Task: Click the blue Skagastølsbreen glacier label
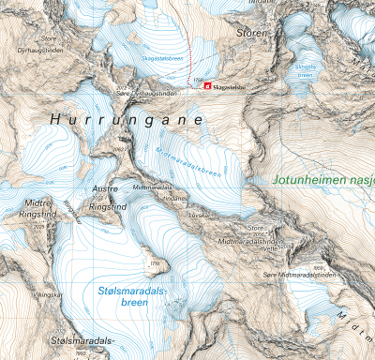pyautogui.click(x=161, y=57)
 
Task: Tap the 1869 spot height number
pyautogui.click(x=319, y=268)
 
